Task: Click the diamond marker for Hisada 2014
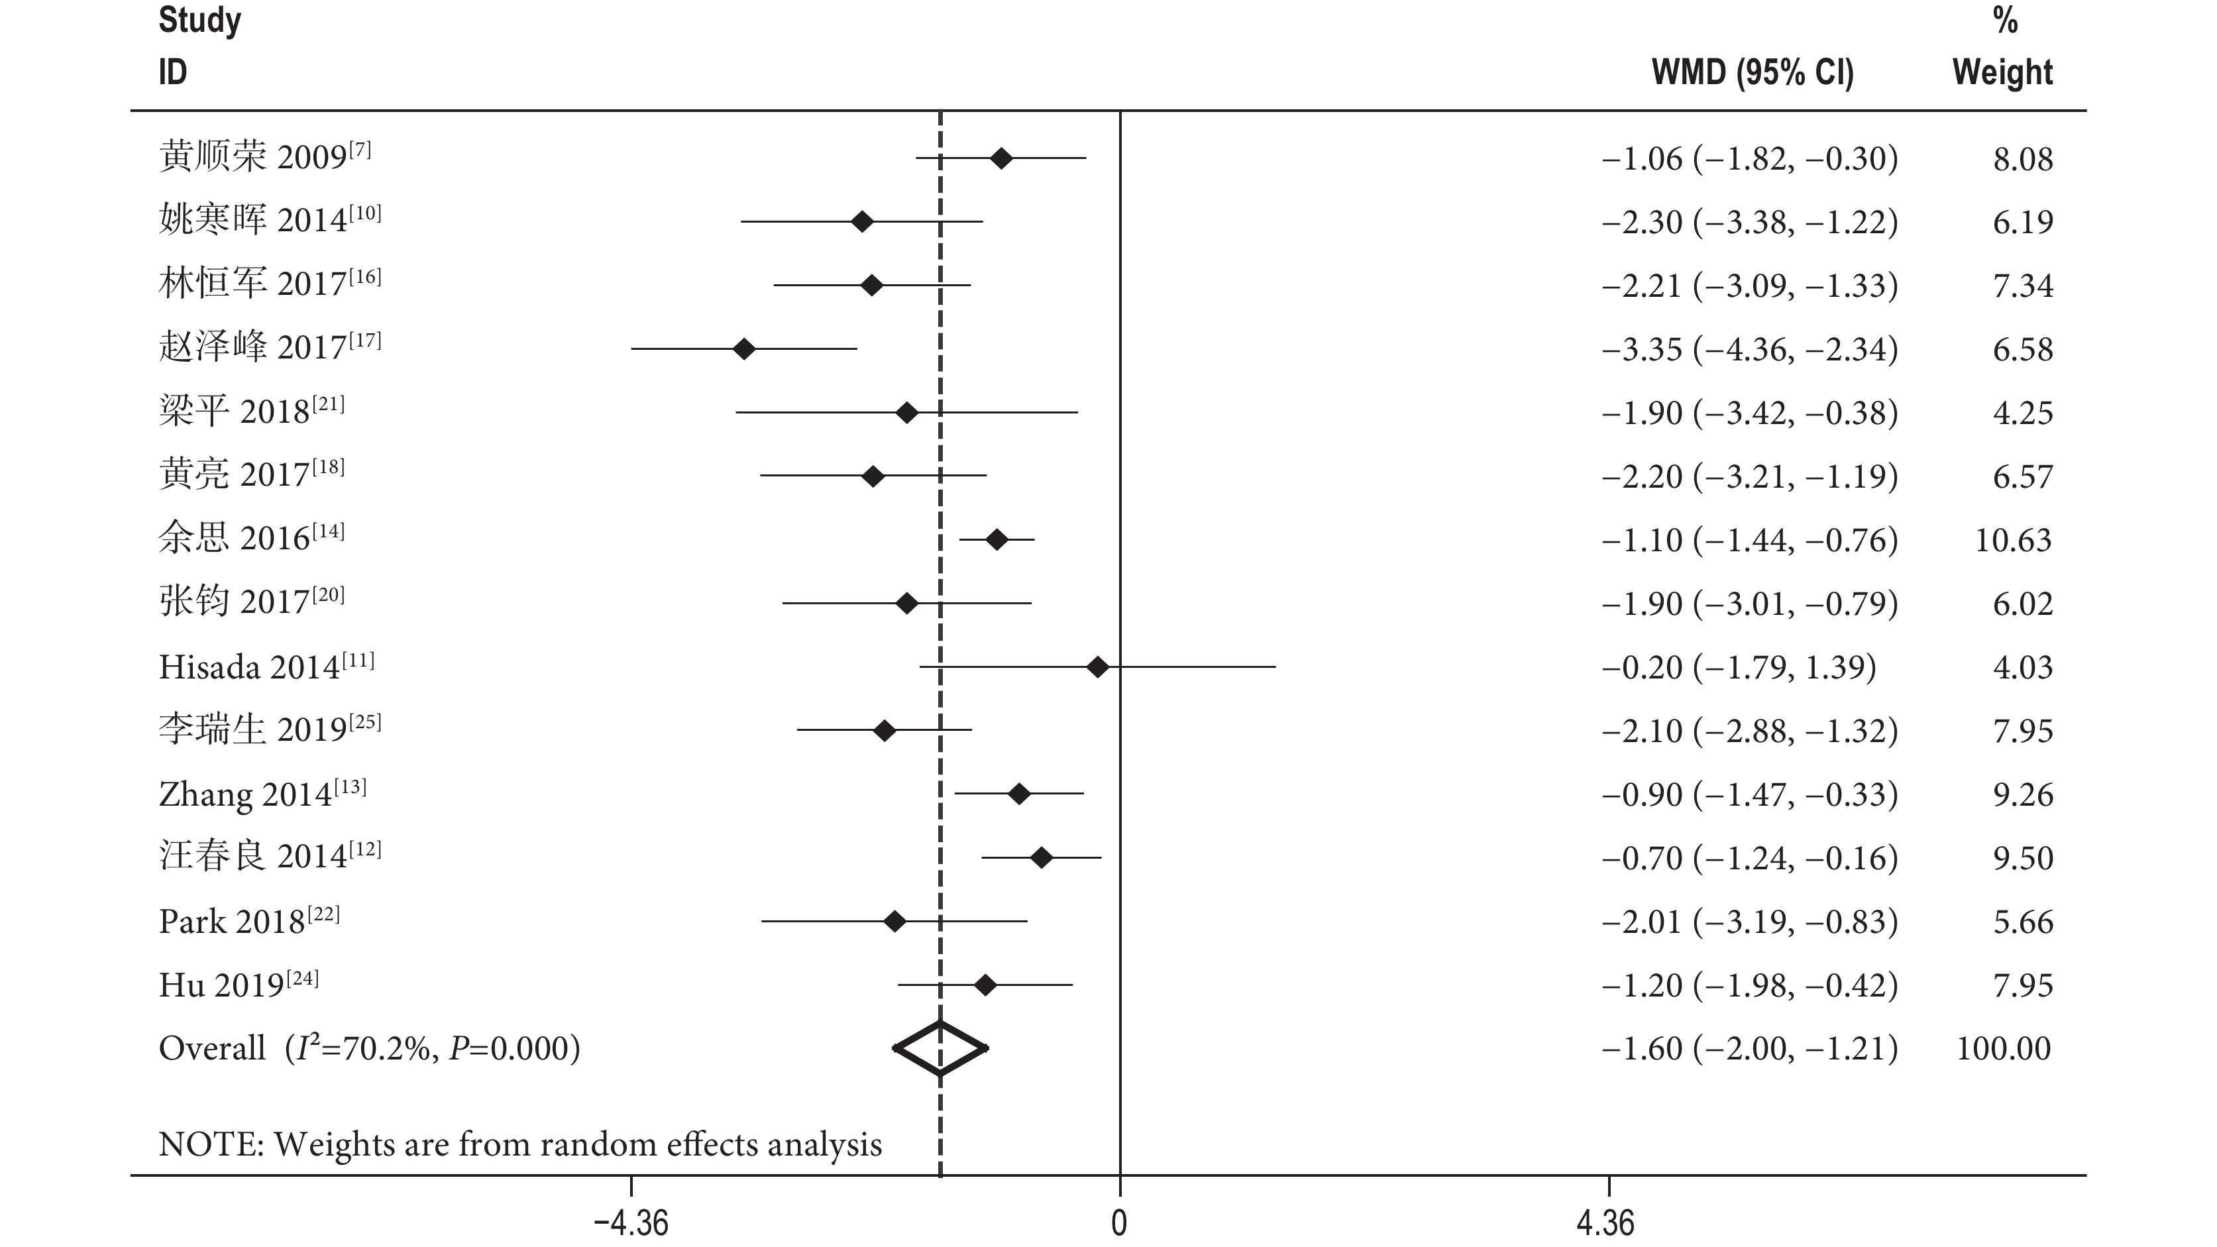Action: [x=1097, y=667]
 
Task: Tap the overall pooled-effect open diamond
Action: [x=941, y=1048]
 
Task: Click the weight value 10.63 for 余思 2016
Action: [x=2013, y=541]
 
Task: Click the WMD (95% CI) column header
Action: [x=1753, y=72]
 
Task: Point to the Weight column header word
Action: [x=2002, y=72]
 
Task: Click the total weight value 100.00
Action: [x=2004, y=1048]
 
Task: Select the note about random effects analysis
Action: [x=520, y=1144]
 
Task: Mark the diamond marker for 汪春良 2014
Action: [x=1042, y=857]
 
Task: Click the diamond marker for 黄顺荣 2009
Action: [x=1001, y=158]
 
